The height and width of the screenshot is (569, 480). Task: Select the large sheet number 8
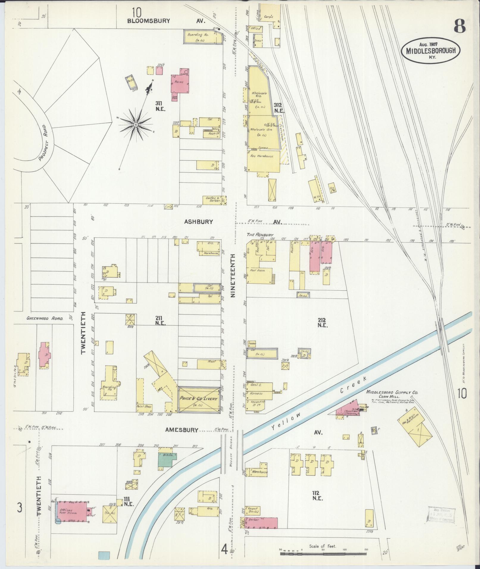[x=459, y=27]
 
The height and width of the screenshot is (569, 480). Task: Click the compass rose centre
[x=136, y=125]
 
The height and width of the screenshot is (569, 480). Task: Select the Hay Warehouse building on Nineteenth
[x=263, y=161]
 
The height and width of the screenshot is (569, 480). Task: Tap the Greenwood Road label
[x=45, y=318]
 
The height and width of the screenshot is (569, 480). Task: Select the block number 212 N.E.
[x=322, y=322]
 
